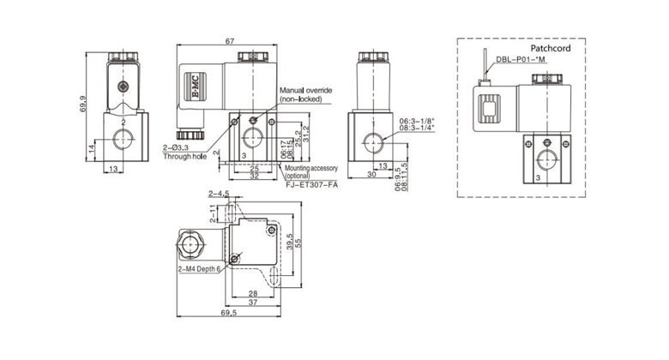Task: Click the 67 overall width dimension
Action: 229,40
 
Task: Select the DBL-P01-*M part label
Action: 521,61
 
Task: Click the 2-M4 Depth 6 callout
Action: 198,268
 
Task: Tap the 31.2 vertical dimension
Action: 306,134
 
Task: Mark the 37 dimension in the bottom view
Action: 252,303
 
